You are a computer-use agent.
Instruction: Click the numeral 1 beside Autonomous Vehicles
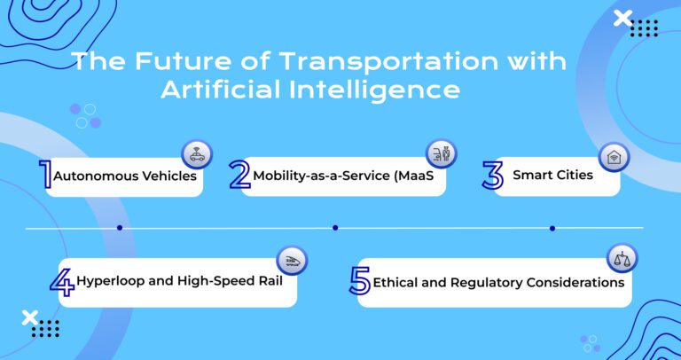[x=45, y=175]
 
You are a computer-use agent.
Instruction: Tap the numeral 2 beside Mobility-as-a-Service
[x=239, y=175]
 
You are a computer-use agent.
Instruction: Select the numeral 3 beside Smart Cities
[x=493, y=175]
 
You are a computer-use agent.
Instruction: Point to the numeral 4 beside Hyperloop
[x=62, y=282]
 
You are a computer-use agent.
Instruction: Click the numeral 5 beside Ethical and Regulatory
[x=360, y=282]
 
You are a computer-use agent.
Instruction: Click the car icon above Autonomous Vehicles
[x=197, y=153]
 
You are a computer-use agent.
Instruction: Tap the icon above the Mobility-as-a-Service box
[x=440, y=154]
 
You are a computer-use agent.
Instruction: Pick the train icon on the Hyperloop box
[x=292, y=259]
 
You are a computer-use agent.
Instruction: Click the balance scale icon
[x=622, y=259]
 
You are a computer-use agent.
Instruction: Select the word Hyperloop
[x=113, y=284]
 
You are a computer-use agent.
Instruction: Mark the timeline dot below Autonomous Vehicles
[x=119, y=228]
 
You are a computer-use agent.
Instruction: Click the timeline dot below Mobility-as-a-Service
[x=335, y=228]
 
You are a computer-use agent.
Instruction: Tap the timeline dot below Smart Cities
[x=552, y=228]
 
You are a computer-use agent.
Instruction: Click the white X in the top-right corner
[x=622, y=17]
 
